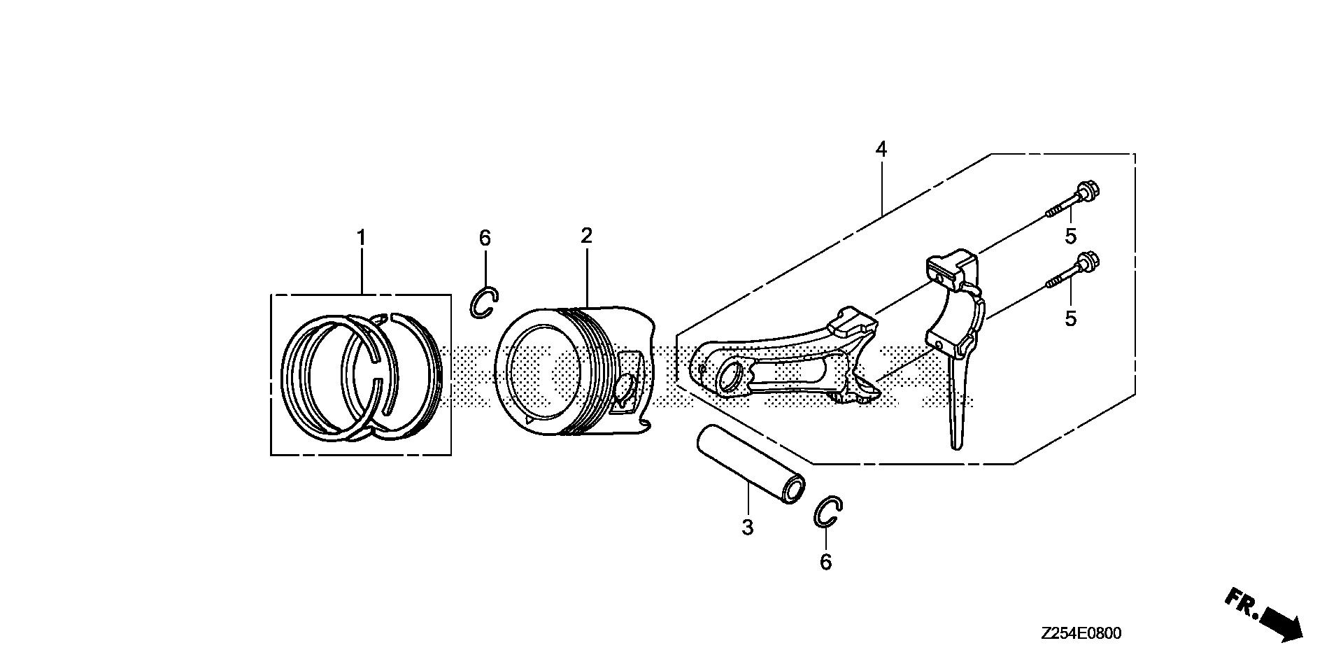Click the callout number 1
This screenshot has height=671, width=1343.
(361, 239)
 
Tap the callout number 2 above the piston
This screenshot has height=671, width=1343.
(586, 235)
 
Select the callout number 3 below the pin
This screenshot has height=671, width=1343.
(747, 528)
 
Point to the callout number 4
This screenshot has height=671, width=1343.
(881, 149)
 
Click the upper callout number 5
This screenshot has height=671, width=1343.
(1070, 236)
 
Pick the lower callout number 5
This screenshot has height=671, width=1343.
(1070, 318)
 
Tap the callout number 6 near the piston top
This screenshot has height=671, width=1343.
(485, 238)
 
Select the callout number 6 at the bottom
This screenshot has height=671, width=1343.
(826, 562)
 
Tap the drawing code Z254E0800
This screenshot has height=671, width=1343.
(1081, 634)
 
